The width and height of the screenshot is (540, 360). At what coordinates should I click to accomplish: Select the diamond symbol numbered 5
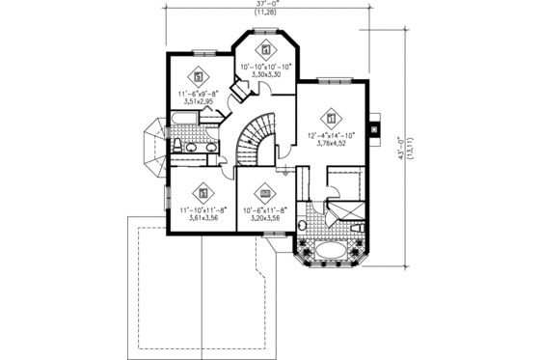point(199,76)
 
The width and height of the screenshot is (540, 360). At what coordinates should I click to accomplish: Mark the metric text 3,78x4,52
point(332,145)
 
